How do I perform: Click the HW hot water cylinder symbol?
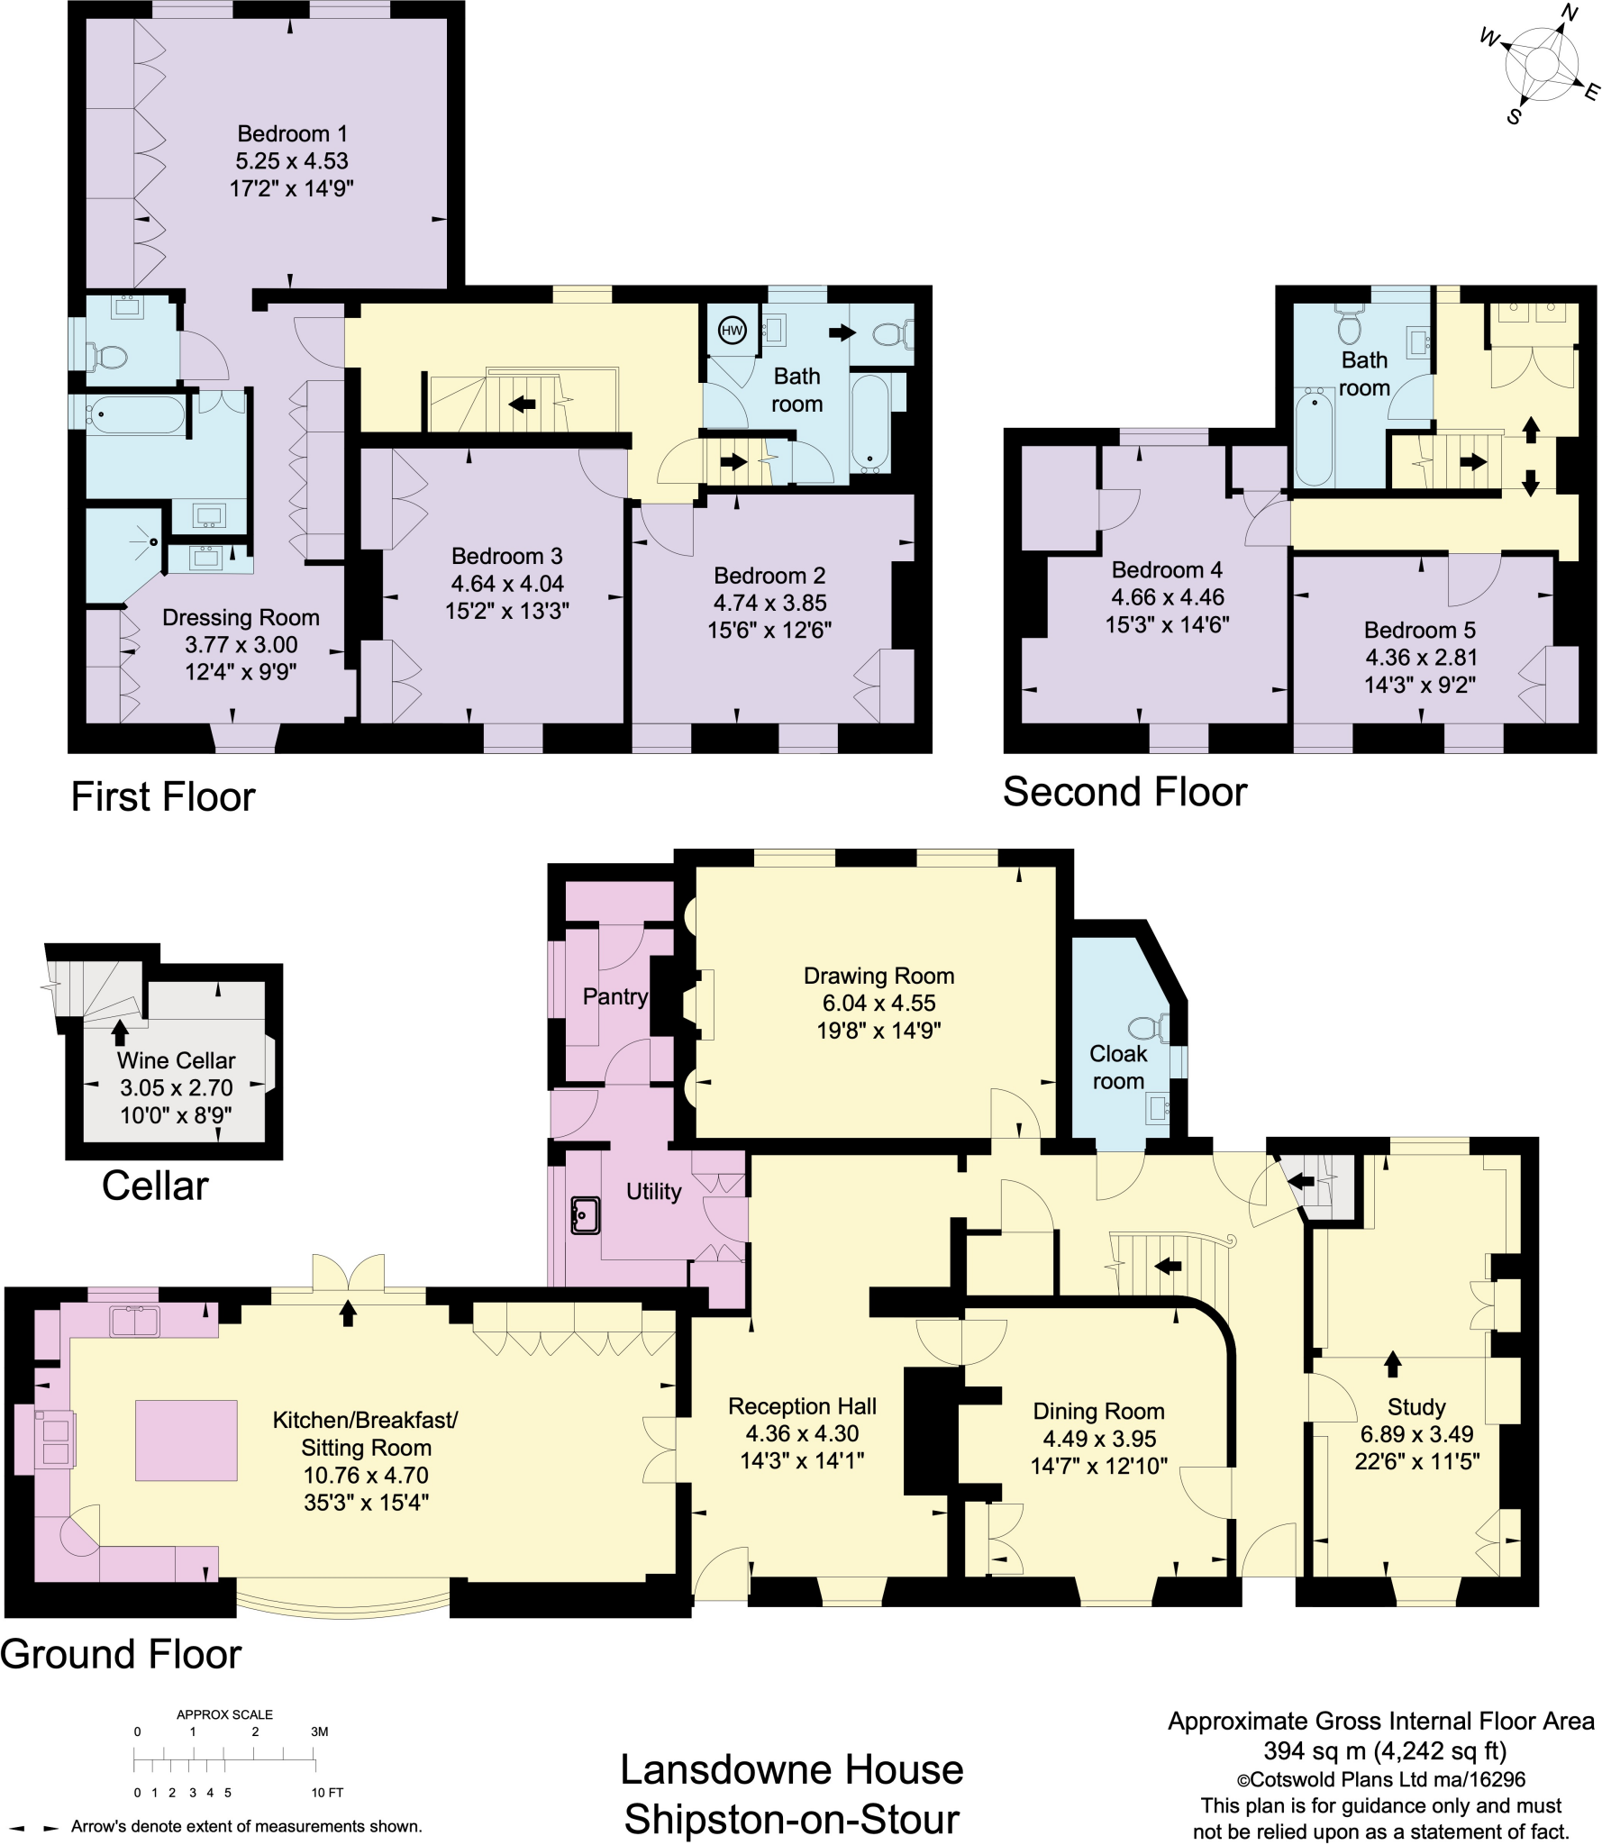click(x=732, y=331)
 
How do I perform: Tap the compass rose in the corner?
click(x=1541, y=65)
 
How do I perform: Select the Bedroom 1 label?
click(x=291, y=134)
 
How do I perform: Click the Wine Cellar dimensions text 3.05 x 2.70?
click(x=177, y=1087)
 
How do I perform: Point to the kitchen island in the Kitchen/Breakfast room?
click(x=187, y=1440)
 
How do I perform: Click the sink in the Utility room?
click(x=585, y=1215)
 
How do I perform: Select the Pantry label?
click(x=614, y=996)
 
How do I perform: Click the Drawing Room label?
click(x=878, y=976)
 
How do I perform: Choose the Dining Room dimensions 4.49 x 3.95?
click(x=1099, y=1439)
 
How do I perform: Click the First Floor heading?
click(x=163, y=797)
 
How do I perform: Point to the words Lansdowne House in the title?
click(x=792, y=1770)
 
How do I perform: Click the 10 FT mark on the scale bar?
click(x=327, y=1793)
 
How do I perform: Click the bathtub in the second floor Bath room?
click(x=1314, y=436)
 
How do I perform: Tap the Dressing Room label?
click(x=241, y=618)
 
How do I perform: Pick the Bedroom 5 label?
click(x=1419, y=630)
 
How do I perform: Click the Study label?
click(x=1416, y=1407)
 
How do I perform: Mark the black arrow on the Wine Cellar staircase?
click(x=119, y=1032)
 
